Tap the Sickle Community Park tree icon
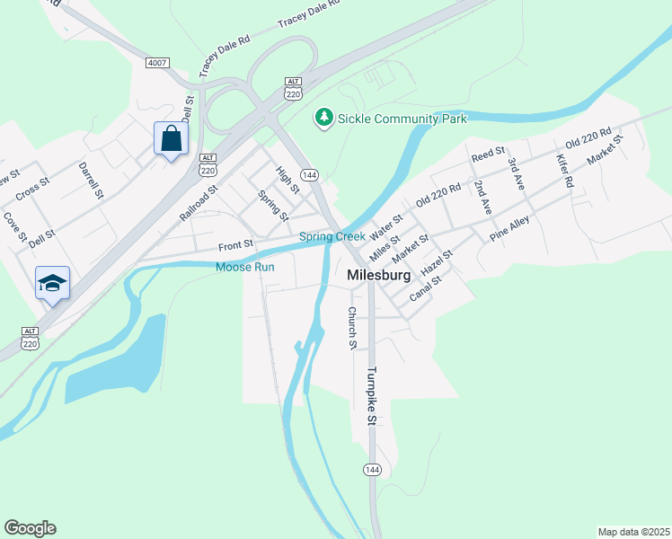(x=323, y=118)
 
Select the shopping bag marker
(x=171, y=139)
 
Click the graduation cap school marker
(x=53, y=283)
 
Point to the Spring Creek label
(x=332, y=237)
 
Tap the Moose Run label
(x=244, y=267)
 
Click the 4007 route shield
(x=157, y=61)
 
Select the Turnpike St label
(x=371, y=395)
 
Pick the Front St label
(x=236, y=244)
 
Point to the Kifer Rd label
(x=564, y=169)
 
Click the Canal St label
(x=426, y=287)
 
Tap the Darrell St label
(x=91, y=181)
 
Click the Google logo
(x=30, y=528)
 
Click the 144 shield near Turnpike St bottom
(x=372, y=470)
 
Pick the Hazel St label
(x=438, y=263)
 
